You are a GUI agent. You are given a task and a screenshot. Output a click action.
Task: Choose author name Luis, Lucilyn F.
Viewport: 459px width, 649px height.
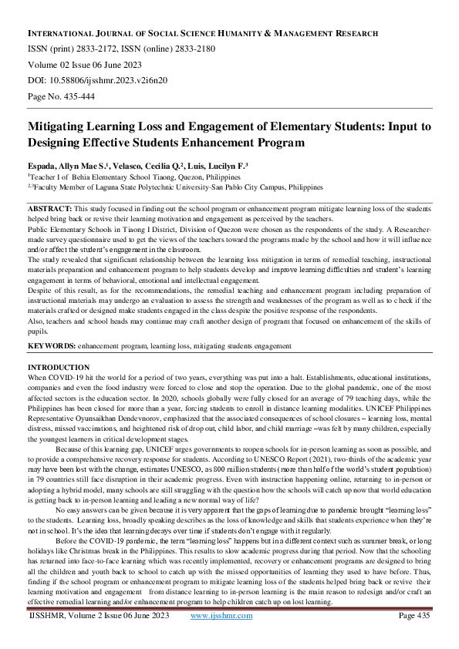(x=217, y=166)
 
